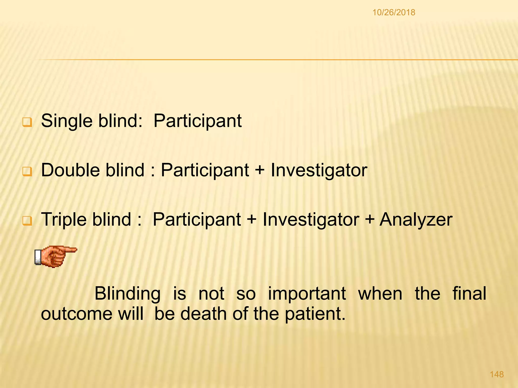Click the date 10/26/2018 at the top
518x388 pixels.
point(394,12)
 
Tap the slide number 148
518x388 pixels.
point(497,374)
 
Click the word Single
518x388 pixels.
point(67,121)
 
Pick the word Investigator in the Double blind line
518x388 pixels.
point(319,171)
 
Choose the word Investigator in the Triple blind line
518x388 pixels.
point(311,220)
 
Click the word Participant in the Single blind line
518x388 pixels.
point(198,121)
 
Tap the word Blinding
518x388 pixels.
point(127,294)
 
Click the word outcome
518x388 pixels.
point(77,314)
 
